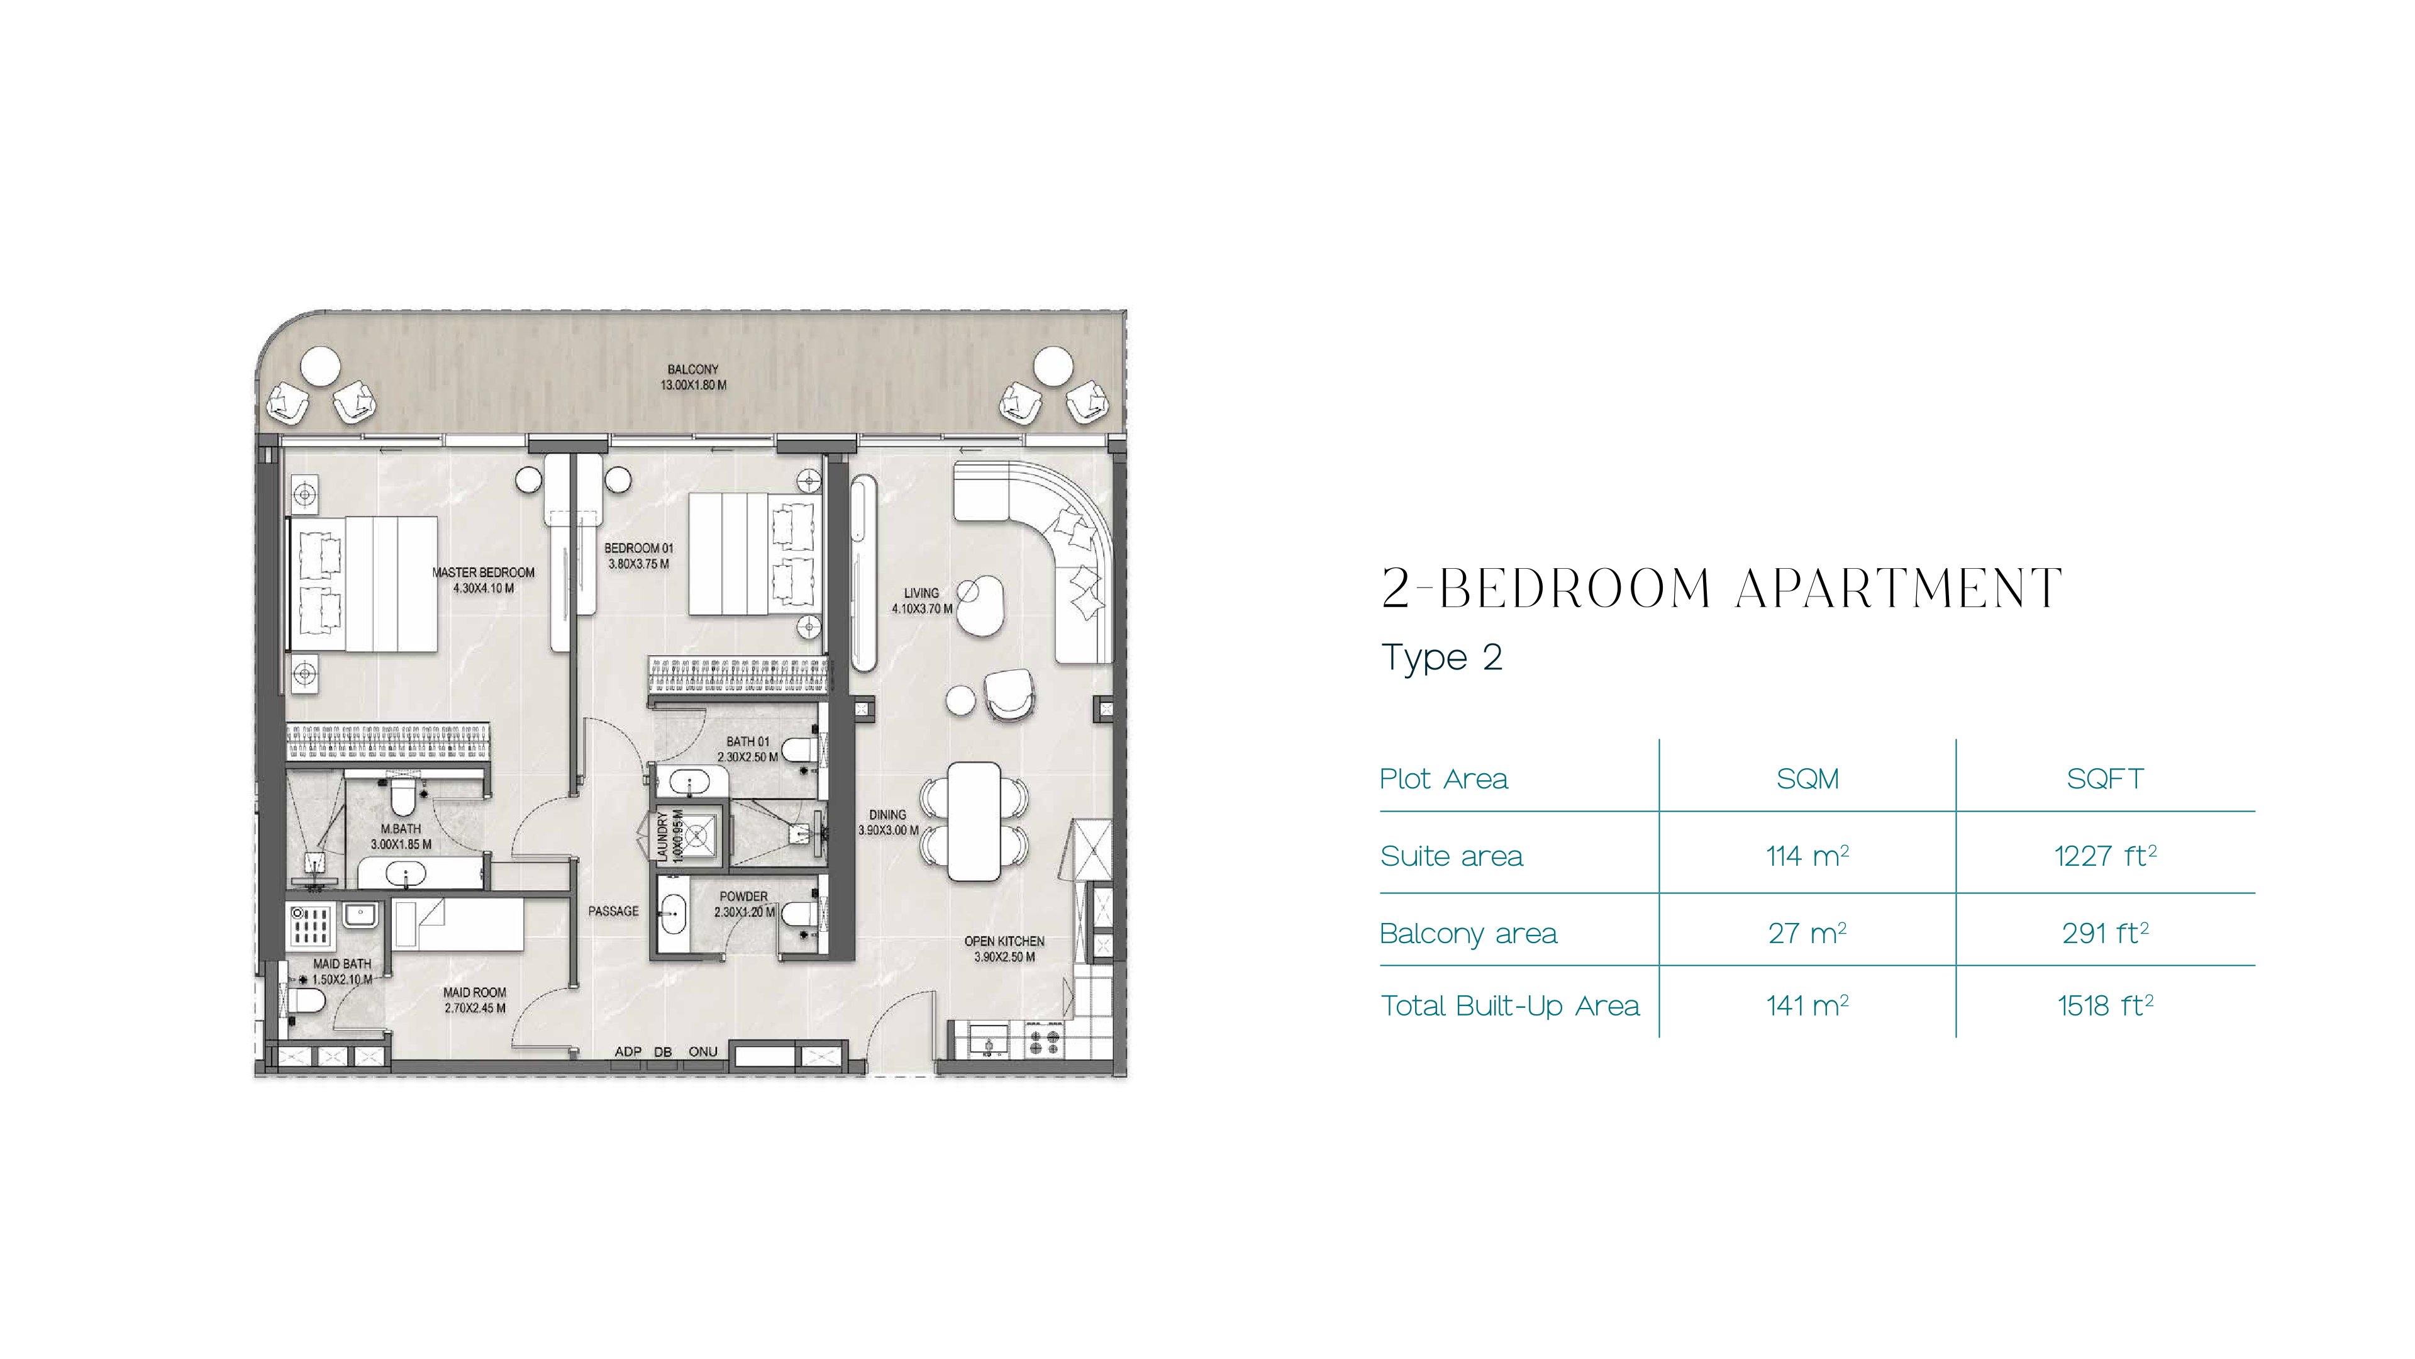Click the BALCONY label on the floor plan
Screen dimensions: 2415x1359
tap(693, 369)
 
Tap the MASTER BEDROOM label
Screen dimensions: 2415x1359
tap(483, 572)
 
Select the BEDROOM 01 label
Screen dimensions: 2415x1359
tap(638, 548)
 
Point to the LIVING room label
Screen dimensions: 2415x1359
tap(921, 593)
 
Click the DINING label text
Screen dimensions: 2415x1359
tap(887, 815)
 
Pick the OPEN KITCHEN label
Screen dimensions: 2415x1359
tap(1004, 941)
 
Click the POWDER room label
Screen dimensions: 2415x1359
tap(743, 897)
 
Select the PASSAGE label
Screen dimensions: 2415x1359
tap(613, 910)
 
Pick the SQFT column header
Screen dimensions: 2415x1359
tap(2105, 778)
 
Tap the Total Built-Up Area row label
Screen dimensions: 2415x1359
tap(1509, 1007)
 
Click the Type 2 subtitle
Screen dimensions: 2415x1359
tap(1442, 657)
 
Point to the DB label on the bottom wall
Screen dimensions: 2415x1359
tap(663, 1051)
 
